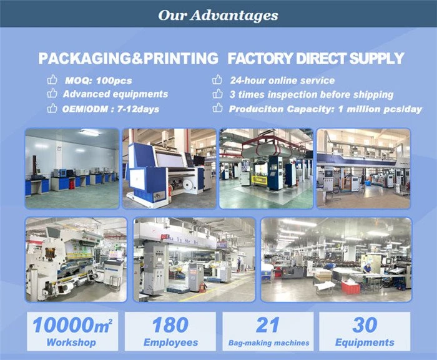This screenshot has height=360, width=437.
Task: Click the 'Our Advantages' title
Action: click(219, 15)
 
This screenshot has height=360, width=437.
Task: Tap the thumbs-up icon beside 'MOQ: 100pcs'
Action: click(52, 80)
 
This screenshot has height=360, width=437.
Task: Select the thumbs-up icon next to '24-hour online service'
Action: click(217, 80)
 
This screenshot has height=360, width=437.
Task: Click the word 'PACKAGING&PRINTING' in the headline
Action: click(129, 59)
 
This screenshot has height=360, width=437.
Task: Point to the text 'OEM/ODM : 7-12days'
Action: click(110, 109)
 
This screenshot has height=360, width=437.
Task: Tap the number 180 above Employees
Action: click(170, 325)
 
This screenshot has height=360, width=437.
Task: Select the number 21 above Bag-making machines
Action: click(268, 325)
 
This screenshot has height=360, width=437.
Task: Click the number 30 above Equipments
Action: click(365, 325)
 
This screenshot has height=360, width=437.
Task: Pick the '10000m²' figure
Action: click(72, 325)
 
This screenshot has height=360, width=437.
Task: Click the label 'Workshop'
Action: click(71, 343)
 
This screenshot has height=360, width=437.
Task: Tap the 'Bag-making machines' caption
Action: click(268, 343)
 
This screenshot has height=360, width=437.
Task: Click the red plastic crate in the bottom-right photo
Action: click(350, 287)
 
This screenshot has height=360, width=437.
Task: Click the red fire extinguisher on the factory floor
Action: click(203, 287)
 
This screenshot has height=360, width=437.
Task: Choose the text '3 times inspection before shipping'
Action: click(312, 94)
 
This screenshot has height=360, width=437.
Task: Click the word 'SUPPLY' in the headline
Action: click(376, 59)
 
